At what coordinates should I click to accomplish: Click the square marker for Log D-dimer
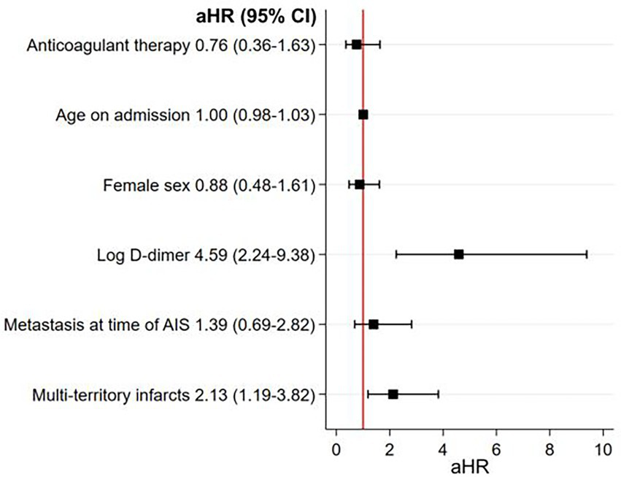pyautogui.click(x=458, y=254)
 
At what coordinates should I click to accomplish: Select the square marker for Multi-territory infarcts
pyautogui.click(x=393, y=394)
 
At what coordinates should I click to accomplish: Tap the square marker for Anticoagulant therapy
pyautogui.click(x=356, y=45)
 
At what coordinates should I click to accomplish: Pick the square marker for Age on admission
pyautogui.click(x=363, y=115)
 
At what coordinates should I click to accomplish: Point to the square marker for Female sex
pyautogui.click(x=360, y=185)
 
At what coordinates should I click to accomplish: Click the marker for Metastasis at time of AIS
pyautogui.click(x=374, y=324)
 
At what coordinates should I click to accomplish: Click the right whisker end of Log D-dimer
pyautogui.click(x=587, y=254)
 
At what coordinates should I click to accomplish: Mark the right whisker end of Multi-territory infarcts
pyautogui.click(x=438, y=394)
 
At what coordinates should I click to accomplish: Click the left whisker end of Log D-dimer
pyautogui.click(x=396, y=254)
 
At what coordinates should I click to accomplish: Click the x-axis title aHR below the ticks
pyautogui.click(x=469, y=465)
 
